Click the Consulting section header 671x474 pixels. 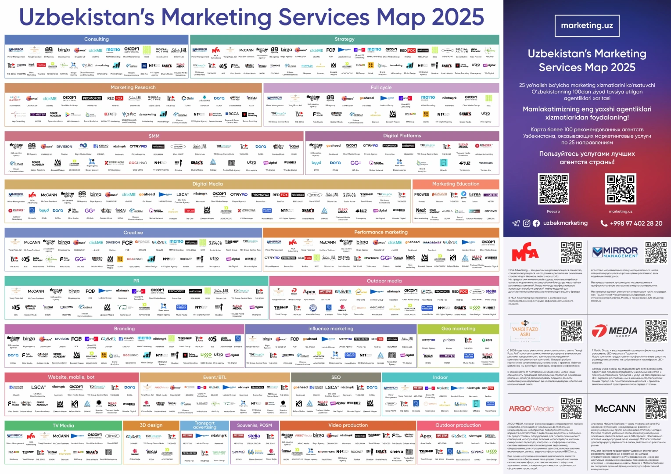tap(97, 39)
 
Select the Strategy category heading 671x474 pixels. tap(344, 39)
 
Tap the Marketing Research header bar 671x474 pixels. tap(133, 87)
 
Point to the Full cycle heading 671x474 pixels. tap(381, 87)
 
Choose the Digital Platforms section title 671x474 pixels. tap(402, 136)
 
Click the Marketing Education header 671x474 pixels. tap(456, 184)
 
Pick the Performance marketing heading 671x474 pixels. tap(381, 232)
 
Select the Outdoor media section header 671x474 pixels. tap(384, 280)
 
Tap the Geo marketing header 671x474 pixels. tap(458, 328)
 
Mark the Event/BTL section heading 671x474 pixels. tap(215, 377)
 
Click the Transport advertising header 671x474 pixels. tap(205, 425)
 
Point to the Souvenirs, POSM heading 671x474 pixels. tap(255, 425)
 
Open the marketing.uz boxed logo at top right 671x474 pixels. tap(587, 25)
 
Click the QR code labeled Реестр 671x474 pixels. tap(553, 188)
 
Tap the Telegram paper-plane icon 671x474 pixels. tap(516, 223)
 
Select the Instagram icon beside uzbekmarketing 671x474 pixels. tap(527, 223)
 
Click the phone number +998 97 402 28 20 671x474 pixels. tap(636, 223)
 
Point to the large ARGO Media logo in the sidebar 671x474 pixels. tap(531, 409)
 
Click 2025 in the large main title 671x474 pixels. tap(458, 17)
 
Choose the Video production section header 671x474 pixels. tap(348, 425)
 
